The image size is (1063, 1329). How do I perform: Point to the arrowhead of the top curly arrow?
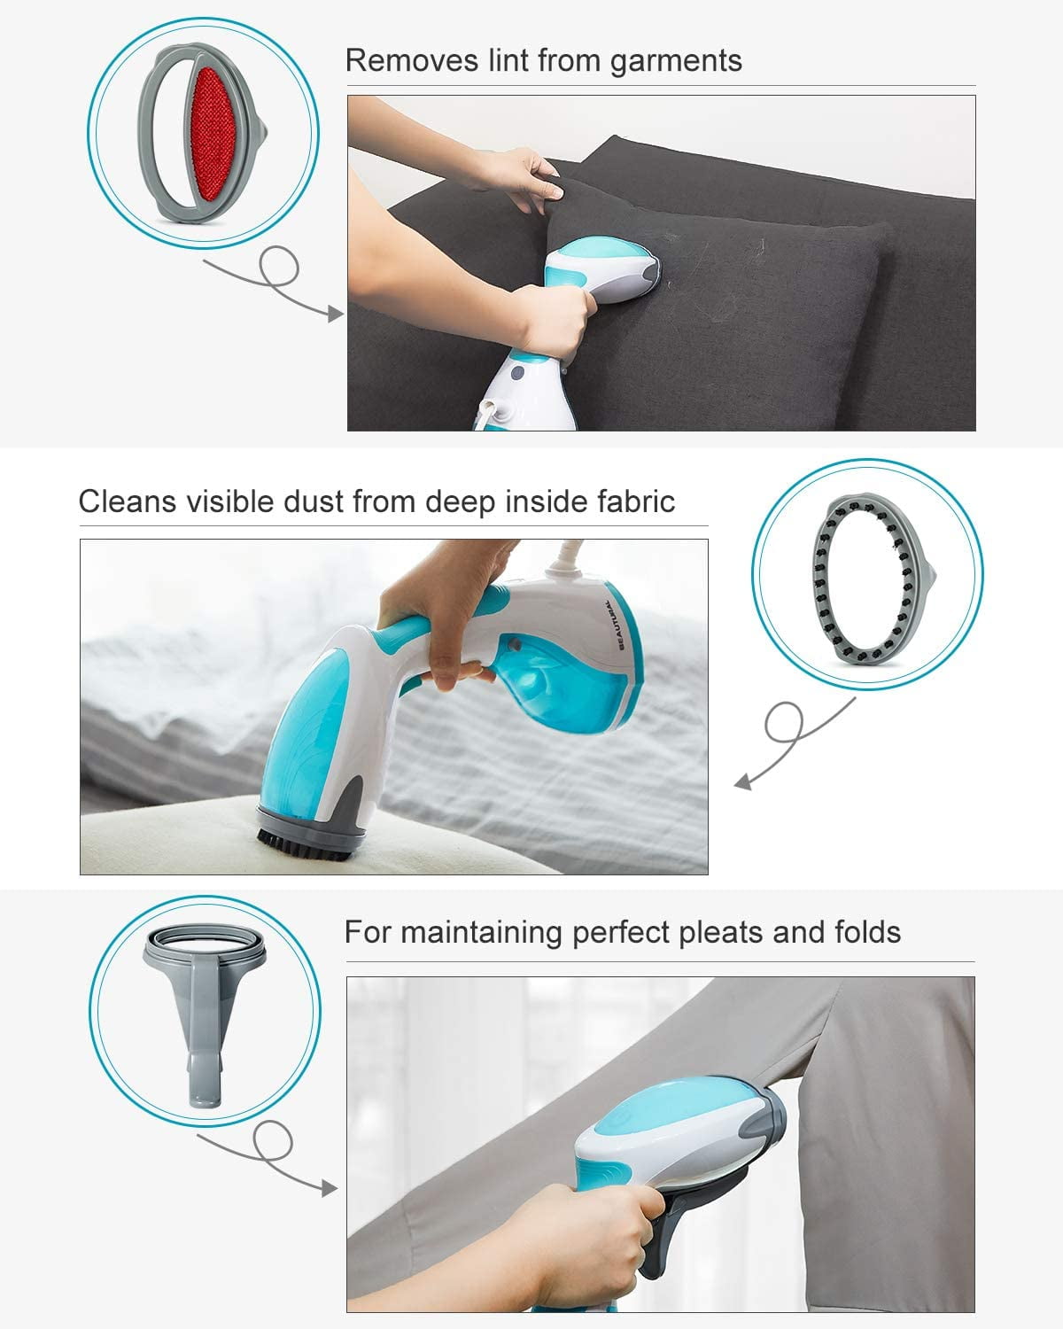(336, 314)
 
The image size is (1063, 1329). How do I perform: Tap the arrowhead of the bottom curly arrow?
(330, 1187)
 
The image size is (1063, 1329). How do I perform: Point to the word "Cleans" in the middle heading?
(128, 501)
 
